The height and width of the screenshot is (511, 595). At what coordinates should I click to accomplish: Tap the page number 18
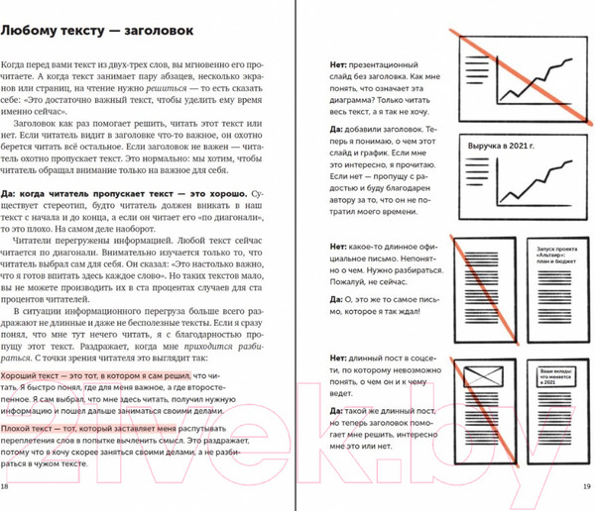point(7,487)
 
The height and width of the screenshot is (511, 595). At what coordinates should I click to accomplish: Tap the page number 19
point(586,487)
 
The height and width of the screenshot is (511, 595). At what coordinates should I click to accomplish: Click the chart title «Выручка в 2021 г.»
point(505,149)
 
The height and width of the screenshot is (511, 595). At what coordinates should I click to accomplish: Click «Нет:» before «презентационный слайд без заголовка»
point(338,63)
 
